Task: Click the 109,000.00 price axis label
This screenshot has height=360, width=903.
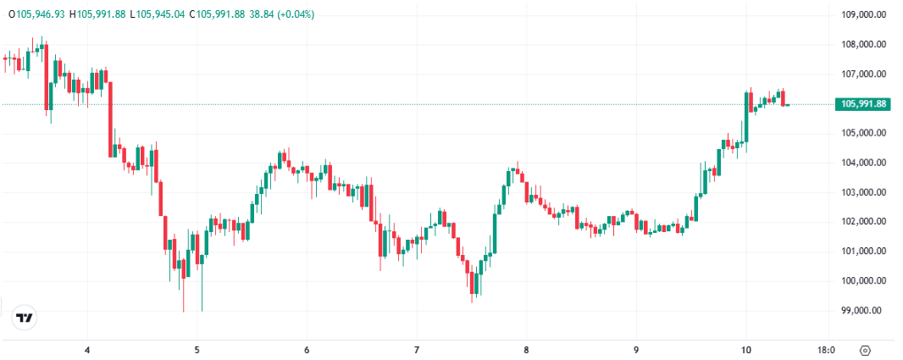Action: pyautogui.click(x=863, y=14)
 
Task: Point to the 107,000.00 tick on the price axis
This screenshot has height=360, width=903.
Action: pyautogui.click(x=863, y=74)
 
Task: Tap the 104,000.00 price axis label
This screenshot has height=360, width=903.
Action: pyautogui.click(x=863, y=163)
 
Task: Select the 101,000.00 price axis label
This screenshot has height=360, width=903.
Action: pyautogui.click(x=863, y=252)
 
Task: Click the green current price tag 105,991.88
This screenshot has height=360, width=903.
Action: pyautogui.click(x=863, y=104)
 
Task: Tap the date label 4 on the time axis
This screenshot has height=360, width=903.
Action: pyautogui.click(x=87, y=350)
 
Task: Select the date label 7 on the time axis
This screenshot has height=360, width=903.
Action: pyautogui.click(x=417, y=350)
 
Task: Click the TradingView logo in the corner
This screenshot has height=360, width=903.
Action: pyautogui.click(x=25, y=318)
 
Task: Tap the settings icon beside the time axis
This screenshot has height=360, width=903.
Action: pyautogui.click(x=865, y=350)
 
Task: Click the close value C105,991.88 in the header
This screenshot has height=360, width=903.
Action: pyautogui.click(x=217, y=14)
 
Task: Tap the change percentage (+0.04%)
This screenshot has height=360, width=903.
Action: pyautogui.click(x=292, y=14)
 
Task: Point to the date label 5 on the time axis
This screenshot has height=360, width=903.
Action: pyautogui.click(x=197, y=350)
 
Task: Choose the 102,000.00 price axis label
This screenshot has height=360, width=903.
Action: pyautogui.click(x=863, y=222)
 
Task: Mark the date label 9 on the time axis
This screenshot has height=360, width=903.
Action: pyautogui.click(x=636, y=350)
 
